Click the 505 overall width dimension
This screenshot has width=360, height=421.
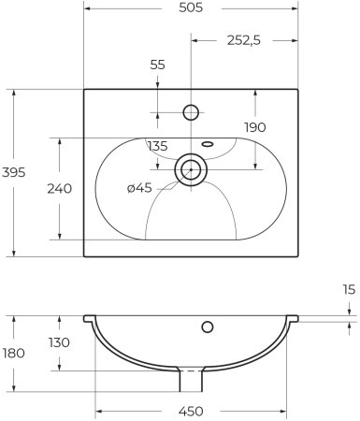point(191,7)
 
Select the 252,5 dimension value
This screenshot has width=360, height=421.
point(245,39)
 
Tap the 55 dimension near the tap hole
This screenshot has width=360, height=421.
point(156,66)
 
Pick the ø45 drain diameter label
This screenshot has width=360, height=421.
point(139,189)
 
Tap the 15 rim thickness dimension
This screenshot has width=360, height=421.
point(349,290)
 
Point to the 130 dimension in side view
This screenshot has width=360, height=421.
point(59,342)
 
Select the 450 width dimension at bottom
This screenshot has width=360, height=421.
point(191,411)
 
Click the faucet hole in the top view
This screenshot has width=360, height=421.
point(191,112)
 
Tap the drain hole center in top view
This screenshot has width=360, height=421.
point(191,169)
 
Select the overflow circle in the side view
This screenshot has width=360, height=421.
point(207,327)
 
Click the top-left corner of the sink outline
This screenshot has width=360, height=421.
point(84,90)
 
